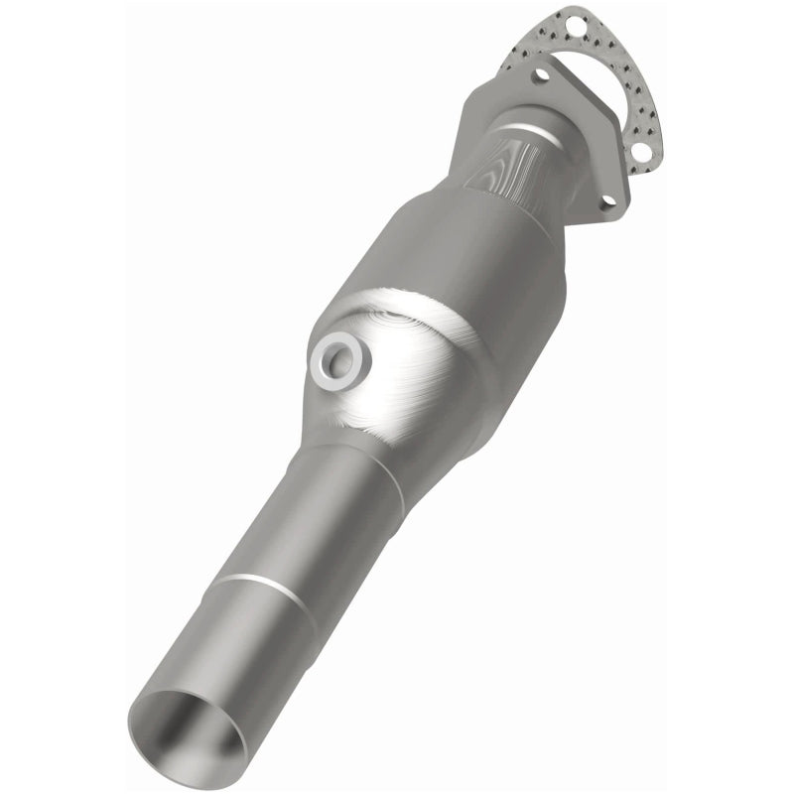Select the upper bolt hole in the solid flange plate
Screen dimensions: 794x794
click(542, 74)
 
